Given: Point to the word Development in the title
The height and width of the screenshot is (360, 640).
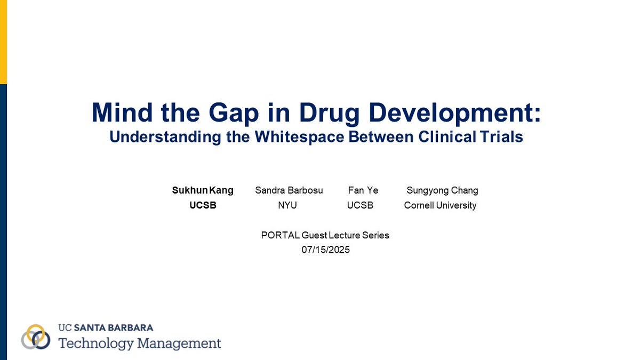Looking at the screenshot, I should click(x=459, y=113).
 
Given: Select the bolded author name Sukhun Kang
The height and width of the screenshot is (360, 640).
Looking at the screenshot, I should click(x=203, y=190).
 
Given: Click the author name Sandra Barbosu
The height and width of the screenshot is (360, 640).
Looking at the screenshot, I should click(x=289, y=190).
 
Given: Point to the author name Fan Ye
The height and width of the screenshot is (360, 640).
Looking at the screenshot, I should click(x=363, y=190).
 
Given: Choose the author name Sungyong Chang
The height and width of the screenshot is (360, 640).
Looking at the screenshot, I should click(x=442, y=190).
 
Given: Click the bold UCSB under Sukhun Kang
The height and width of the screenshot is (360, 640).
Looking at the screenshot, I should click(x=203, y=205).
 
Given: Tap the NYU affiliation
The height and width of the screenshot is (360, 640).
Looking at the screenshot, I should click(x=287, y=205).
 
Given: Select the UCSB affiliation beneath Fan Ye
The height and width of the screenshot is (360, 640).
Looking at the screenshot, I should click(x=360, y=205).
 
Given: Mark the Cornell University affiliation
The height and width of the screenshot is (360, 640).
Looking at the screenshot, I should click(x=440, y=205).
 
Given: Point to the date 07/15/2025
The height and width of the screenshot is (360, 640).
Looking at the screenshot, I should click(x=325, y=249).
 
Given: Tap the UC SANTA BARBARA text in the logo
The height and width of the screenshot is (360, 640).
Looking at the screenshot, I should click(x=106, y=327).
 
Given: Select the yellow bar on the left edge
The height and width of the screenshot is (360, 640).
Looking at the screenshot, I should click(x=3, y=42).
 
